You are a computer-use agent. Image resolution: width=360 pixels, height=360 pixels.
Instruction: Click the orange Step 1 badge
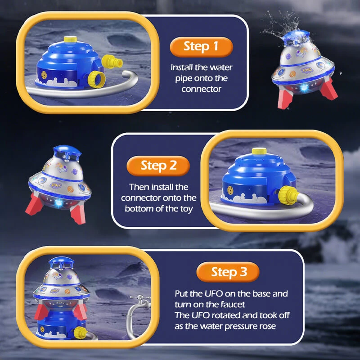(x=201, y=46)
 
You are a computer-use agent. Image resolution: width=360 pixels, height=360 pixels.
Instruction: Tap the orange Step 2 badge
(x=158, y=165)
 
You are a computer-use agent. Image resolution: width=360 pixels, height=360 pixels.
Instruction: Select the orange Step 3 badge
(x=229, y=272)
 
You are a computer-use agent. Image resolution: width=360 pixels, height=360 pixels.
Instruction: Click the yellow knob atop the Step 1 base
(x=68, y=39)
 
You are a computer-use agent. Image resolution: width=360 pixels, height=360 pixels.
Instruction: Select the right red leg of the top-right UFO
(x=330, y=89)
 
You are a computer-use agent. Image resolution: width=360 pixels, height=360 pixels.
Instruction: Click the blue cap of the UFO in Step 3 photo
(x=61, y=262)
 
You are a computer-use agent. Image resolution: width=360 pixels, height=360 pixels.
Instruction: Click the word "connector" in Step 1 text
(x=201, y=89)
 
